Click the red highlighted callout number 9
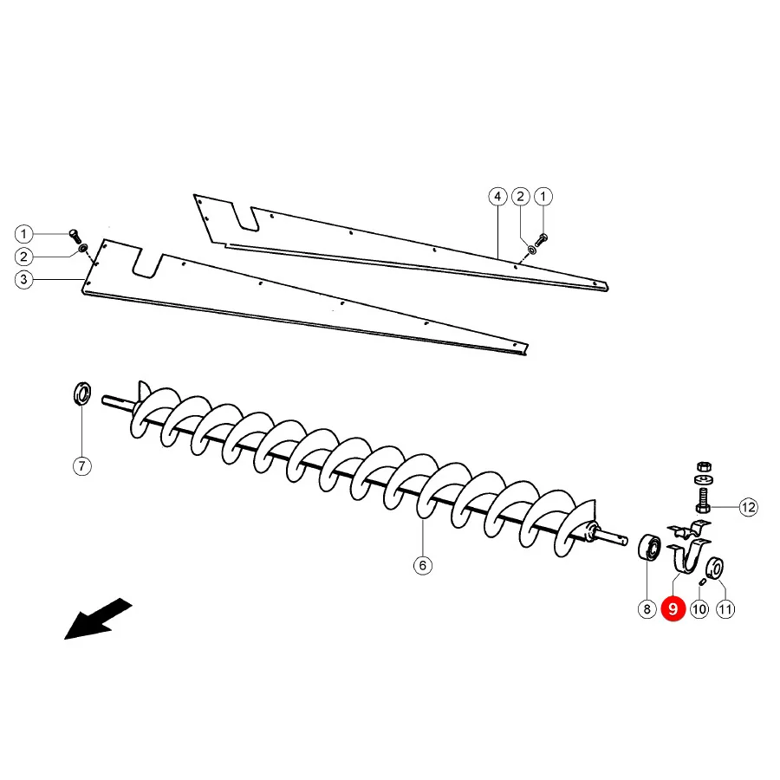(x=673, y=609)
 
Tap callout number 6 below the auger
(x=423, y=565)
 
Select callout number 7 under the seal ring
(x=82, y=466)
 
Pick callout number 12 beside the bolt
(x=748, y=507)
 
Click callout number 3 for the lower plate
(x=24, y=280)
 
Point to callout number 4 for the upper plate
(x=497, y=197)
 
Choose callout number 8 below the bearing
(x=647, y=609)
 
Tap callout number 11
(x=725, y=609)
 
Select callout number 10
(x=699, y=609)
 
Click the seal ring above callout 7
(x=82, y=393)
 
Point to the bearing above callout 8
(x=649, y=547)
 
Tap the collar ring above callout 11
(x=715, y=568)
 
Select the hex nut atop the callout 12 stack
(x=704, y=466)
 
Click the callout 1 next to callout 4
(x=543, y=197)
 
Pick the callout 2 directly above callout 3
(x=24, y=257)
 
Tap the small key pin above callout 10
(x=703, y=582)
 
